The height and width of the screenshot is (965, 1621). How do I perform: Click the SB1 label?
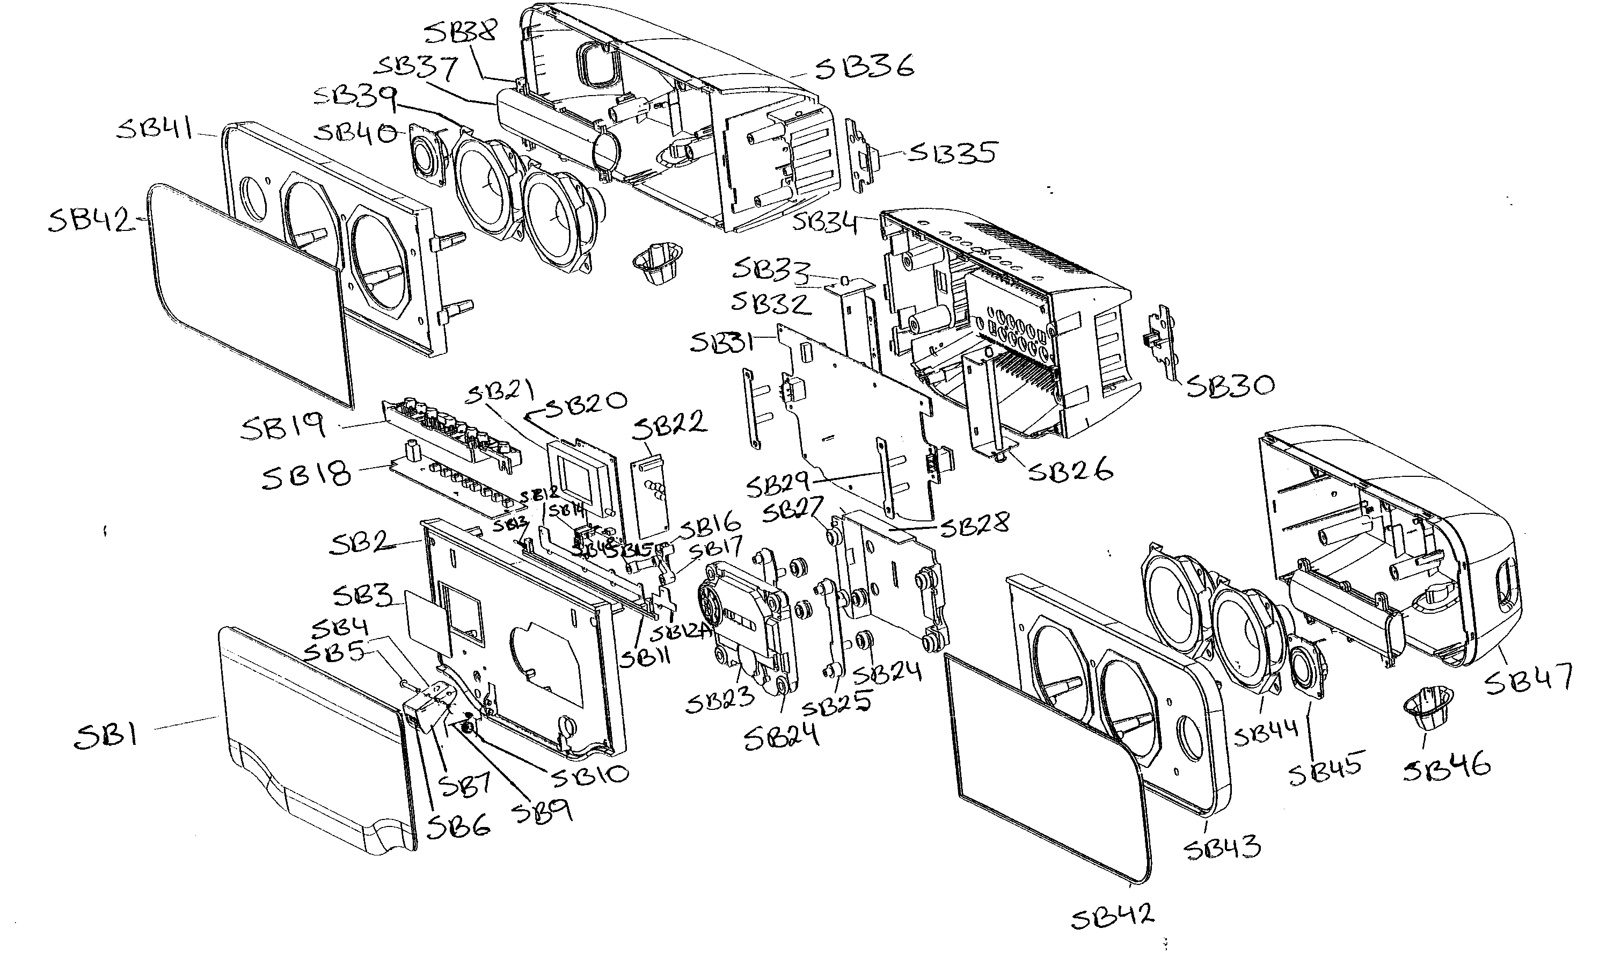click(105, 737)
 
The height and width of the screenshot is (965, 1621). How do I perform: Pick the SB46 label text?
click(1447, 767)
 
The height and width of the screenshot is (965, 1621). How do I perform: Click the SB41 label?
click(155, 129)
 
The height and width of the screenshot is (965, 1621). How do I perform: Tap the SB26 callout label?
click(1070, 470)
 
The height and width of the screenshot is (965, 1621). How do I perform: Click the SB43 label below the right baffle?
click(1222, 847)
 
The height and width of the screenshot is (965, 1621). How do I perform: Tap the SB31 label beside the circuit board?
click(721, 343)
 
